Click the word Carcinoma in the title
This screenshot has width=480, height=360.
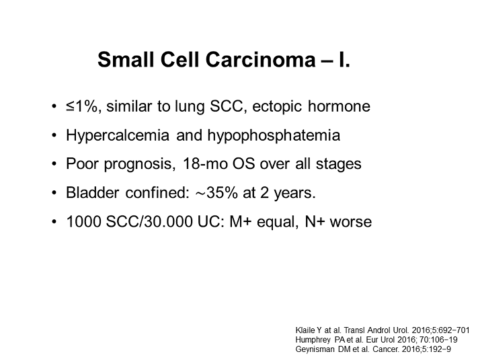261,59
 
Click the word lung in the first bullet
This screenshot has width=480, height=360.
190,107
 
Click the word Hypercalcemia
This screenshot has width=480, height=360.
118,136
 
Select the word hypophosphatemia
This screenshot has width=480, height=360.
274,136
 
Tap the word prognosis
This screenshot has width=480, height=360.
140,164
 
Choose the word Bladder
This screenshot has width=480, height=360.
93,193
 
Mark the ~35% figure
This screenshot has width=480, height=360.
216,193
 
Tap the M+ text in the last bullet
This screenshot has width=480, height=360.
240,222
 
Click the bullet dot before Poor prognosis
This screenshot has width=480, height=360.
54,164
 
